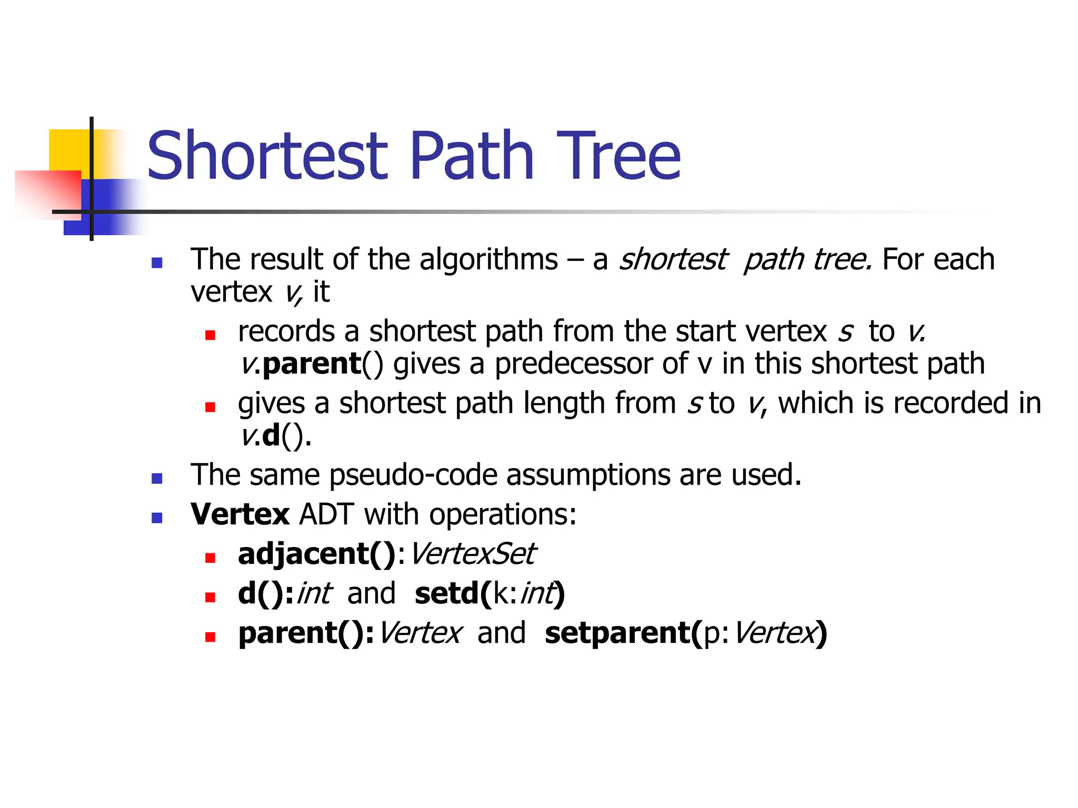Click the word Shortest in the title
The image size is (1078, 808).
tap(267, 156)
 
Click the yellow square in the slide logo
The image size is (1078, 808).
tap(68, 149)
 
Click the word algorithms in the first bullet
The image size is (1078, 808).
tap(488, 260)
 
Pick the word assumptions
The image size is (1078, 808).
tap(588, 475)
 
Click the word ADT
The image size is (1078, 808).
tap(326, 514)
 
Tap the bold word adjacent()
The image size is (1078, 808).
tap(316, 554)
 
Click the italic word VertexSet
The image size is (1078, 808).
tap(472, 554)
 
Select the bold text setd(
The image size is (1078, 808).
tap(453, 593)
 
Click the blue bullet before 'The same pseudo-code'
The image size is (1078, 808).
tap(157, 478)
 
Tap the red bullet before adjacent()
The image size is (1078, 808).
tap(211, 558)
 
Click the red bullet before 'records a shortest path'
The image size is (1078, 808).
tap(211, 335)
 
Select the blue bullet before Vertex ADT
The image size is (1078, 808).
tap(157, 518)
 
